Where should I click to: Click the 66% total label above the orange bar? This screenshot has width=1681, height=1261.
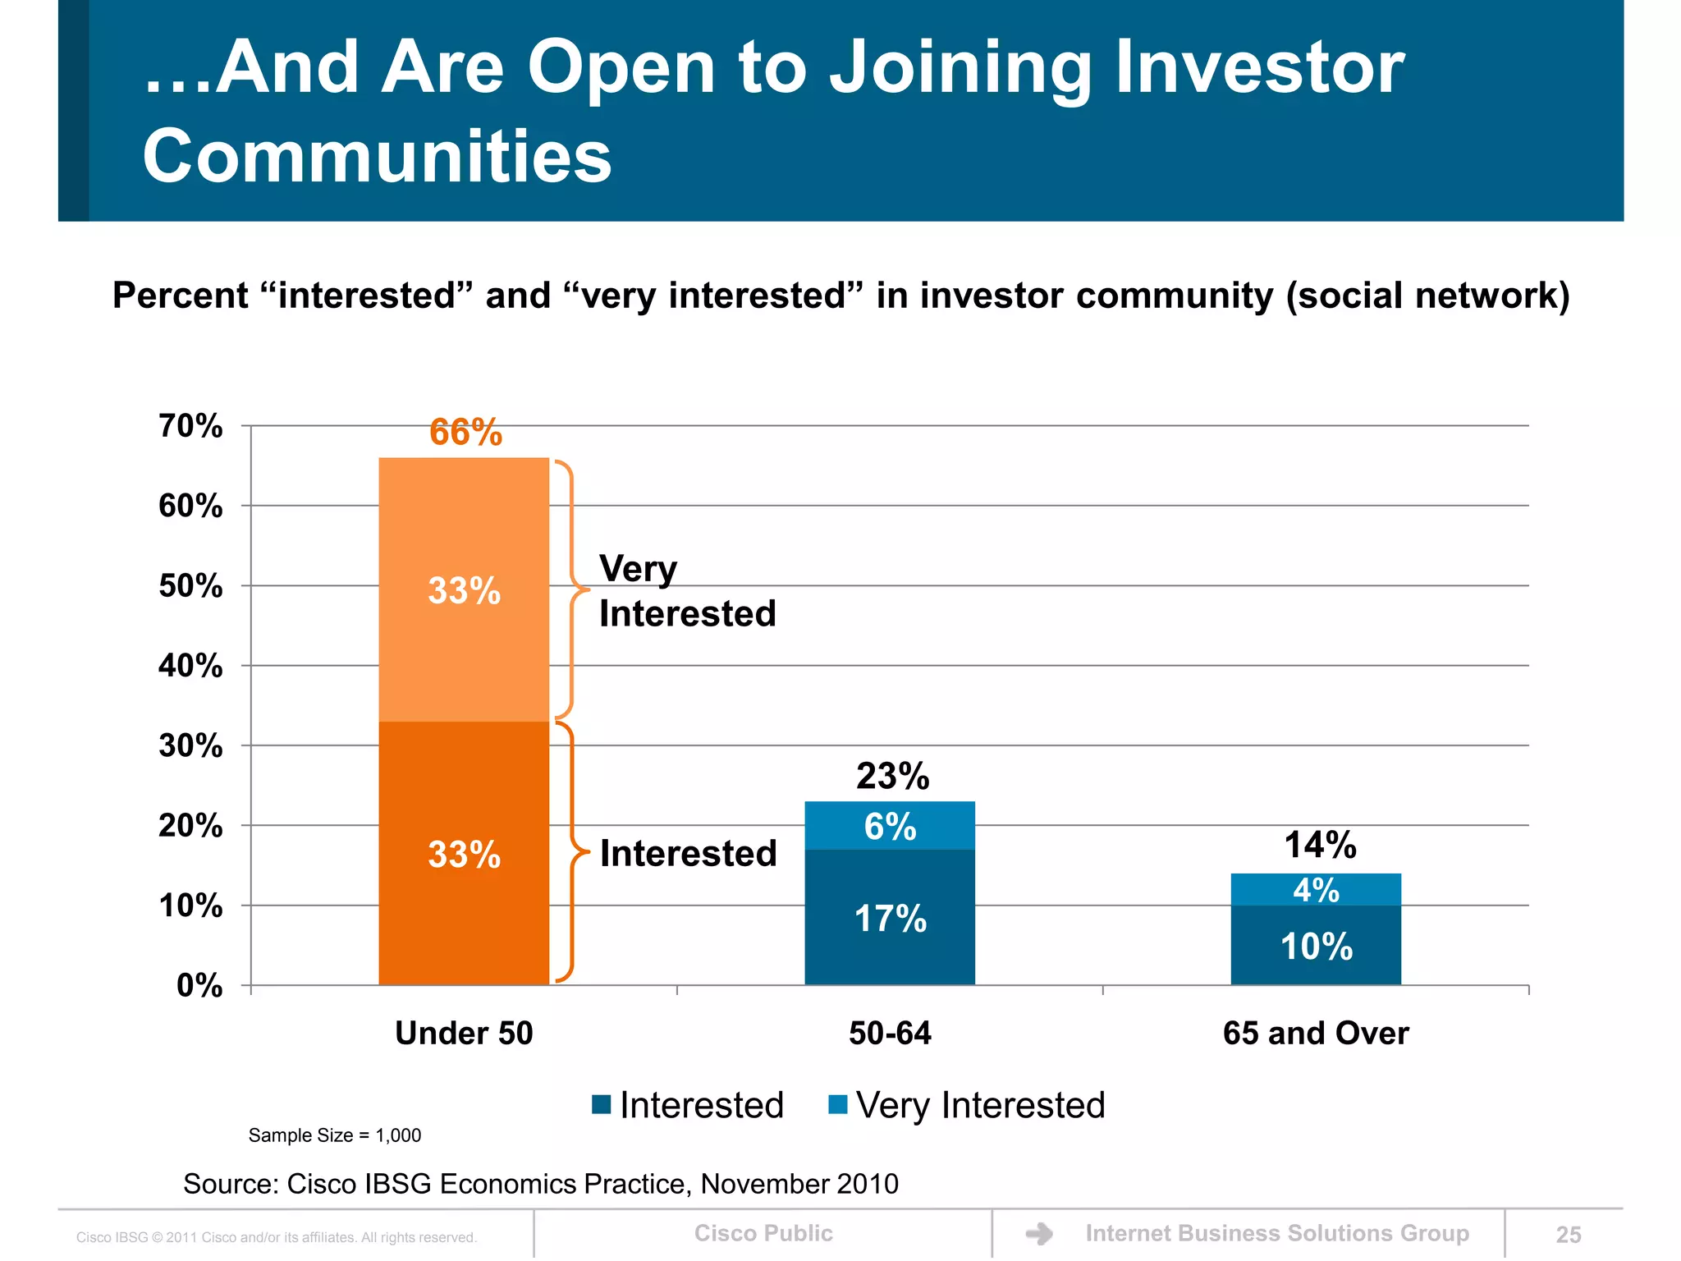click(x=465, y=433)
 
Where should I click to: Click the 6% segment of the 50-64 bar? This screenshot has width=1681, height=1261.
click(x=890, y=826)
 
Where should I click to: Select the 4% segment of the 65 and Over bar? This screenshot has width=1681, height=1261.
click(x=1316, y=890)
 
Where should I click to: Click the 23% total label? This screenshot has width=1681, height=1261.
click(x=892, y=776)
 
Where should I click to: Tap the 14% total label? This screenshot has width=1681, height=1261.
click(x=1320, y=845)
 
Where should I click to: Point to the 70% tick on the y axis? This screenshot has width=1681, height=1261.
click(x=190, y=426)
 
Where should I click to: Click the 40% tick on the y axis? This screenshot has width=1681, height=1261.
click(x=190, y=666)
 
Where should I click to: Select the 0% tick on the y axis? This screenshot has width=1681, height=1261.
click(x=199, y=985)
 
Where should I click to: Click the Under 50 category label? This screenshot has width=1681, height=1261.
click(x=464, y=1033)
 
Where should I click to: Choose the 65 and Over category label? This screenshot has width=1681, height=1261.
click(x=1316, y=1033)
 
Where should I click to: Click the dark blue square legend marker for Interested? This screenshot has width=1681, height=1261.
click(x=602, y=1105)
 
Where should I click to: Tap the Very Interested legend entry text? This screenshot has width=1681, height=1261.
click(x=980, y=1105)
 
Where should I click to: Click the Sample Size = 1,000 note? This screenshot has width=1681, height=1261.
click(x=334, y=1135)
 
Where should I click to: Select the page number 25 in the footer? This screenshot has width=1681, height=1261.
click(x=1568, y=1235)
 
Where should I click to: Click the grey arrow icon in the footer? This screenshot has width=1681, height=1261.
click(x=1039, y=1234)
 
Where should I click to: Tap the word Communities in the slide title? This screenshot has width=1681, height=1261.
click(x=377, y=156)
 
